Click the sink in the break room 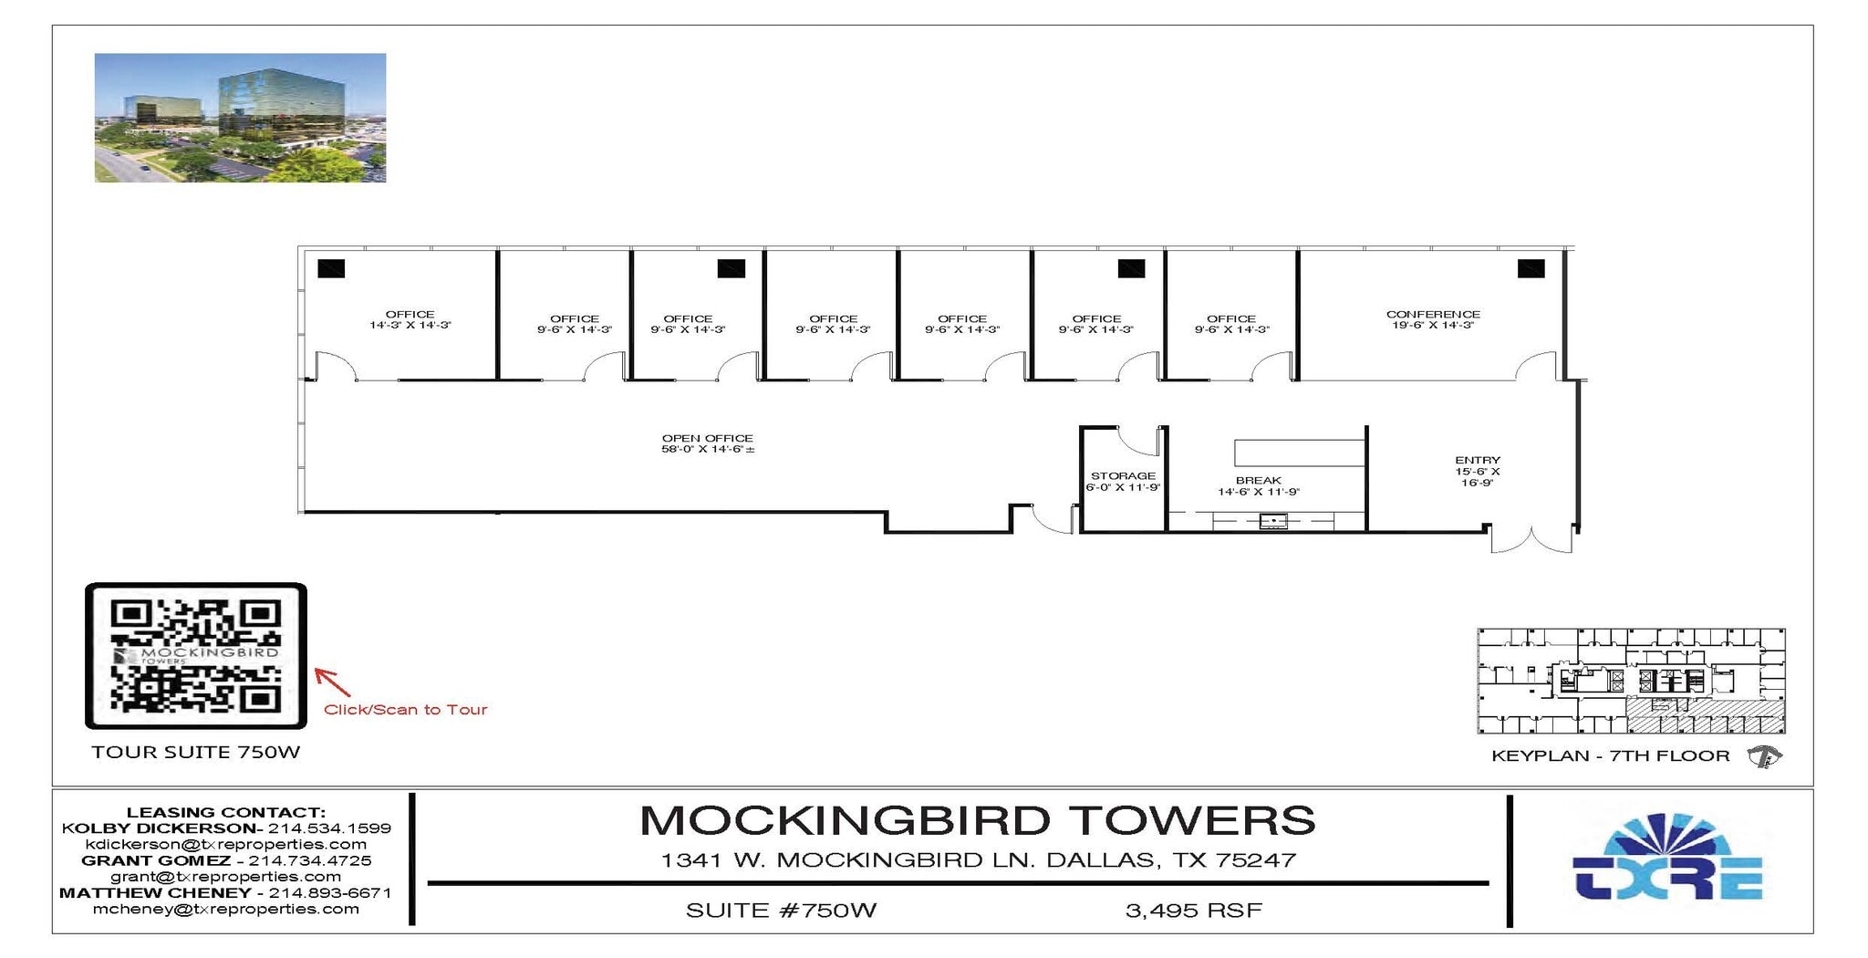[1273, 522]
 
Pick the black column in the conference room [1531, 268]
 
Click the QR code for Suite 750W [195, 655]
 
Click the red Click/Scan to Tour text [406, 710]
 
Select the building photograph [240, 118]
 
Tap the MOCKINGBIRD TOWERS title [977, 820]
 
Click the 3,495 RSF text [1193, 911]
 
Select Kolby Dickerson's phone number [329, 828]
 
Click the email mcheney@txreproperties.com [226, 909]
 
